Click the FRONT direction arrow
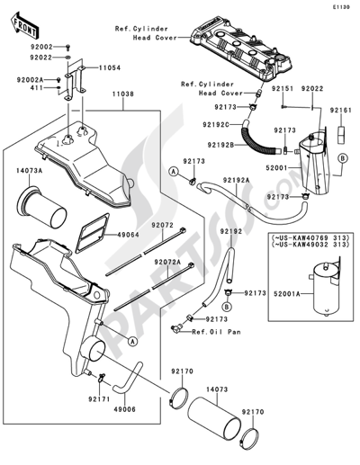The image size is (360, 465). click(x=23, y=25)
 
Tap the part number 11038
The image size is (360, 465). click(x=123, y=94)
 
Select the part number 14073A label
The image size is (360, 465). click(x=30, y=171)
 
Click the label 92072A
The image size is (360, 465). click(x=168, y=262)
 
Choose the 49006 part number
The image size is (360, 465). click(x=124, y=409)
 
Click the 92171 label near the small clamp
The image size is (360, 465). click(x=99, y=399)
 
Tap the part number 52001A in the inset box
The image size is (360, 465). click(x=287, y=294)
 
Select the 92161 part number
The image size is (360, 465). click(x=341, y=111)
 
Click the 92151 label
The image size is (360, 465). click(x=283, y=89)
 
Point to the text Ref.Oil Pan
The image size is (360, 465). click(x=216, y=332)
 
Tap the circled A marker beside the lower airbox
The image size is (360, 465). click(x=131, y=341)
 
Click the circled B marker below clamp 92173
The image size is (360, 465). click(x=227, y=307)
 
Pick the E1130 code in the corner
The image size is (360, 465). click(x=341, y=7)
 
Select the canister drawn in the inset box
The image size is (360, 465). click(x=326, y=287)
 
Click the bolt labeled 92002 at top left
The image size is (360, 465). click(x=67, y=47)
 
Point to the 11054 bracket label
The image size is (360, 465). click(x=110, y=68)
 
